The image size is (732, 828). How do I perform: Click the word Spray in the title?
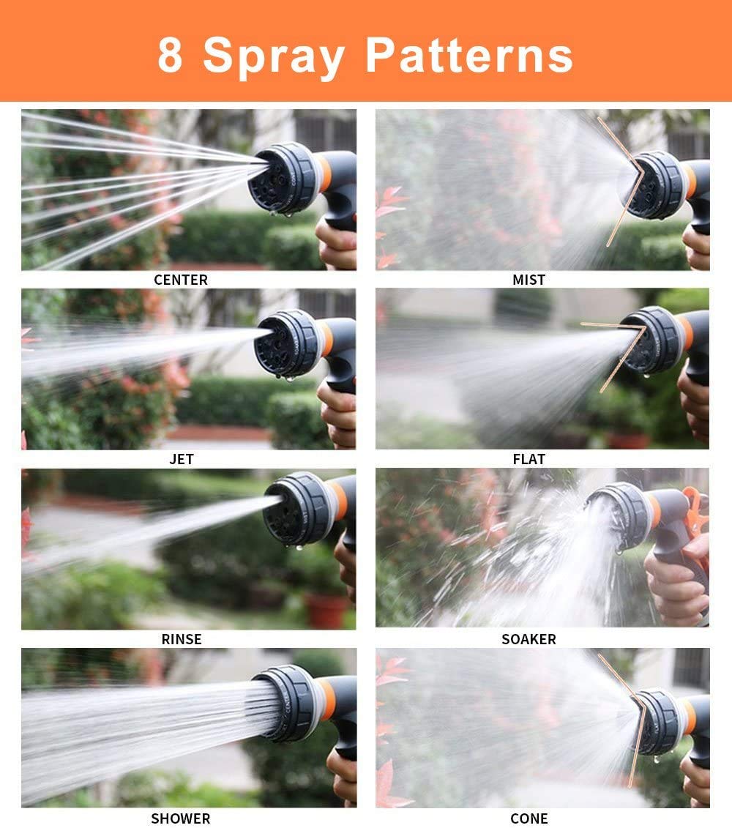274,57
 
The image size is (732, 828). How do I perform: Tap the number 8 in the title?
170,54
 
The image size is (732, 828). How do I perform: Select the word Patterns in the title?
469,54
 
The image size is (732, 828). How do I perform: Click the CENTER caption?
181,280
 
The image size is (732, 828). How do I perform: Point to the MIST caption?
529,280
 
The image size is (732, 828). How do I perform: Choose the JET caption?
181,460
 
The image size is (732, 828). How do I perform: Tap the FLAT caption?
529,460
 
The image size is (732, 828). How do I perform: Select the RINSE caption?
181,639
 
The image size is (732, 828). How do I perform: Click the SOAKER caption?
529,639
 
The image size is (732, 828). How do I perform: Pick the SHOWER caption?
181,818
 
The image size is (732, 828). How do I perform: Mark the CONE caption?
529,818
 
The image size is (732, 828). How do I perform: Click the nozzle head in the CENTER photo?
283,179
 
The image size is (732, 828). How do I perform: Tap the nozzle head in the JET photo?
287,343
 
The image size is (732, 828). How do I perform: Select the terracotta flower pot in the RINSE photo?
327,611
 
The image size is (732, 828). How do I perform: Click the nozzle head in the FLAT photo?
651,340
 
